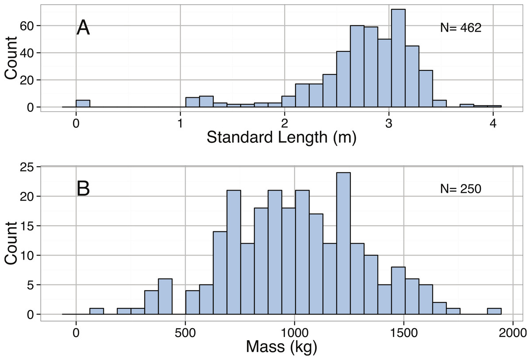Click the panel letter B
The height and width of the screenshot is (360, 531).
83,189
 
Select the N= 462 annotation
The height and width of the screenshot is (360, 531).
460,28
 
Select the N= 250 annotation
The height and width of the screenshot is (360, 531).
460,189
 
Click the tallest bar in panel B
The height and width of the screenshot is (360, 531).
343,243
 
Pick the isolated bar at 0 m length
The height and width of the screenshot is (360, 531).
83,103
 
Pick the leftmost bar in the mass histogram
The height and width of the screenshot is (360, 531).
96,311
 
